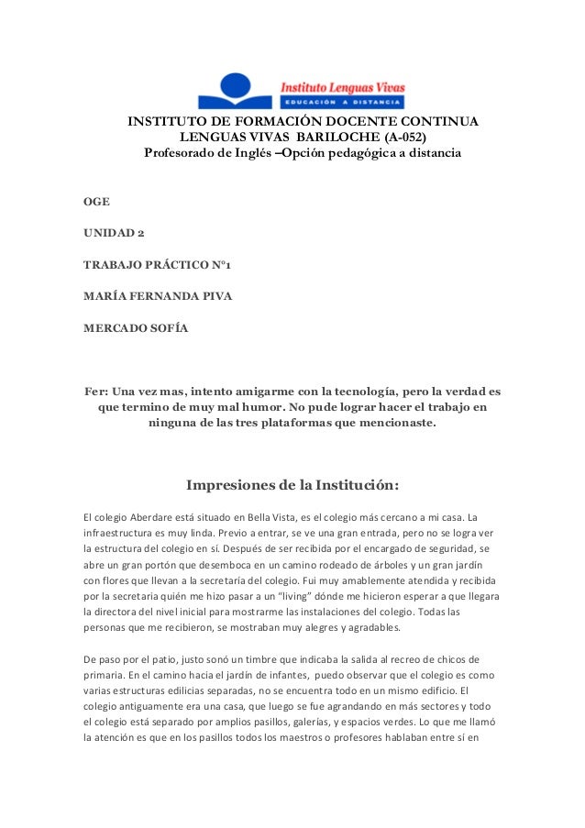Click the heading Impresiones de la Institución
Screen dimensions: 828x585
292,485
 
